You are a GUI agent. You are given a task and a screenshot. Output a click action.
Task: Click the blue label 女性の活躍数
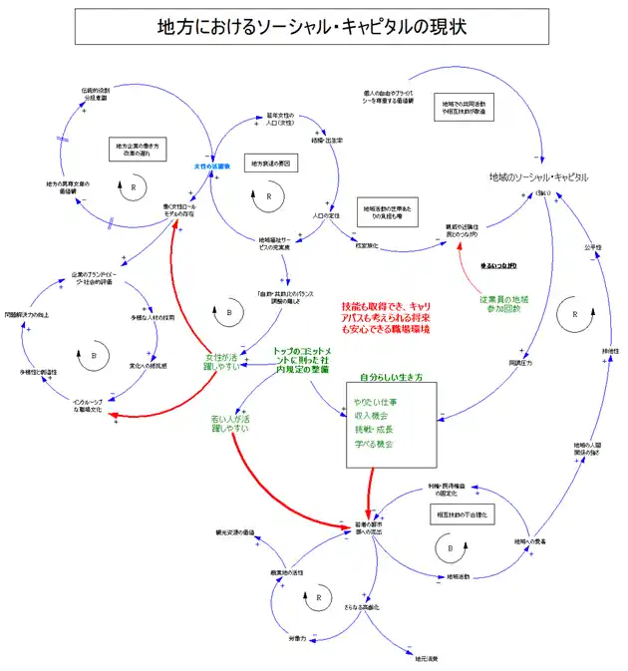[212, 166]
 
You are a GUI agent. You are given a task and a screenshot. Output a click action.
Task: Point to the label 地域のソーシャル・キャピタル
[538, 176]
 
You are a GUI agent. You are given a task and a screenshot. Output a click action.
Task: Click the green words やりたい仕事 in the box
[373, 401]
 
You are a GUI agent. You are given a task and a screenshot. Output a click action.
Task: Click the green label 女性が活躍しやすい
[222, 362]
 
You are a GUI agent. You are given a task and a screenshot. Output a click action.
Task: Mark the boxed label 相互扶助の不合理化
[462, 514]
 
